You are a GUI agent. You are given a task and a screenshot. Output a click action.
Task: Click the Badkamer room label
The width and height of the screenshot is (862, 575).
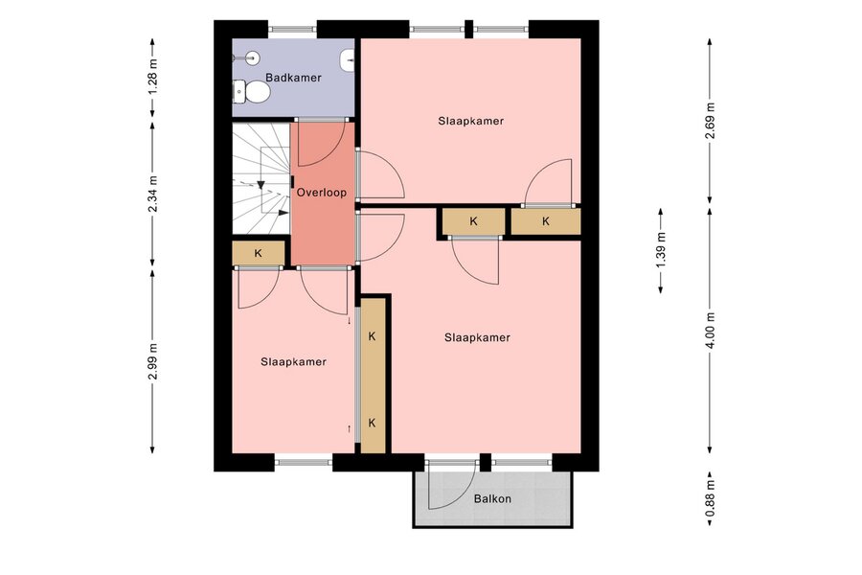coord(293,78)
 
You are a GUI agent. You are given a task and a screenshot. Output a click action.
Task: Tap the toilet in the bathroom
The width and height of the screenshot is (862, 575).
coord(252,92)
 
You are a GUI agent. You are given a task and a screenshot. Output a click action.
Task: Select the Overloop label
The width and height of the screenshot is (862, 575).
coord(322,193)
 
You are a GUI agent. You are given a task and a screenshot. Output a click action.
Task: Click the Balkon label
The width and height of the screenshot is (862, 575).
coord(492,499)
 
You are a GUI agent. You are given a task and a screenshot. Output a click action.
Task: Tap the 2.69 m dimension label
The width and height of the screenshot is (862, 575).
coord(711,122)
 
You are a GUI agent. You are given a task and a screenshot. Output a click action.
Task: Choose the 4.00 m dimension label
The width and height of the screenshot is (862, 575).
coord(711,330)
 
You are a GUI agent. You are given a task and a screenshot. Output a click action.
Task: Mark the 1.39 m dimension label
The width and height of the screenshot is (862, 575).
coord(661,251)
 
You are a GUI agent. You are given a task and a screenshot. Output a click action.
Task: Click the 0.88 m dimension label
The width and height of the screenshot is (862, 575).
coord(711,498)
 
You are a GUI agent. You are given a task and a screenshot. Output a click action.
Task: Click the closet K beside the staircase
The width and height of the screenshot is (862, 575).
coord(259,253)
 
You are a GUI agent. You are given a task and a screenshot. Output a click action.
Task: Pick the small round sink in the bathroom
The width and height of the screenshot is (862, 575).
coord(252,57)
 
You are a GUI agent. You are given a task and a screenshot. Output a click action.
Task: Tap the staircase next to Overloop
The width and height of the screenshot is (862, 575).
coord(261,178)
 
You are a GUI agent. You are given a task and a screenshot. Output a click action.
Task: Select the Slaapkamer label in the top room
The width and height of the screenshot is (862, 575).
coord(471,121)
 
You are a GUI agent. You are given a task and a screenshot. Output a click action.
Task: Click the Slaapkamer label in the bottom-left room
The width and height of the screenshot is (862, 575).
coord(294,362)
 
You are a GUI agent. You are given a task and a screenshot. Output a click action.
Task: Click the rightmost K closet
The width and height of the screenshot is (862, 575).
coord(546,221)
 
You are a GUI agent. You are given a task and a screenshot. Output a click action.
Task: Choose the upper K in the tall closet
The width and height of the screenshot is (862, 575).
coord(373,336)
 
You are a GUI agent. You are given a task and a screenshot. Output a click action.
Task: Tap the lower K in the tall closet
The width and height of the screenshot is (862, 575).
coord(373,424)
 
